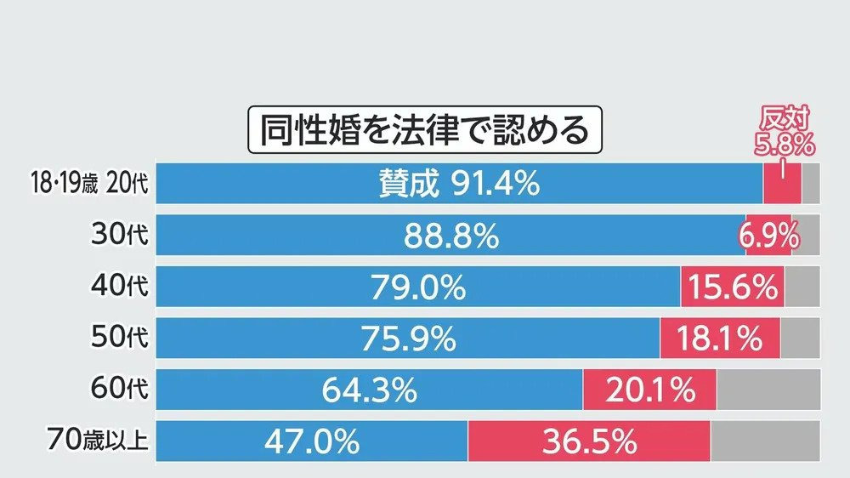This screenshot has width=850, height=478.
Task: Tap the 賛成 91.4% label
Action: coord(459,184)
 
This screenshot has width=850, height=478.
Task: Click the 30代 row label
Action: coord(119,236)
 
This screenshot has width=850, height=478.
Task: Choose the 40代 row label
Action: coord(119,287)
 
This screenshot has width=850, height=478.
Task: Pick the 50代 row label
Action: coord(119,339)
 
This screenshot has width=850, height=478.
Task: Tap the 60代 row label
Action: coord(119,390)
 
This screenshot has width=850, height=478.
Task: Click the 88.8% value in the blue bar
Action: coord(450,236)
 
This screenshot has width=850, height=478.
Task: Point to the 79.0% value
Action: coord(417,287)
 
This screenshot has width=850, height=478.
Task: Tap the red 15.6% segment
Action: coord(732,287)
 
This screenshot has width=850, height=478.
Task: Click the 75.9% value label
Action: coord(408,339)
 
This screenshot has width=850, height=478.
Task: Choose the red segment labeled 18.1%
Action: coord(720,339)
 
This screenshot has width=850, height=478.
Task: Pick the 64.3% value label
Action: coord(369,390)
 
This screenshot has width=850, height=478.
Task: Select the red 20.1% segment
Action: coord(650,390)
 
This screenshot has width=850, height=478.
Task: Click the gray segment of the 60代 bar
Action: coord(768,390)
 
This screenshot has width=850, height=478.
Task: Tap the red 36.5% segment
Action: coord(589,441)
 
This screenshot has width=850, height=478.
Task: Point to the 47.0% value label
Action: coord(311,441)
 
